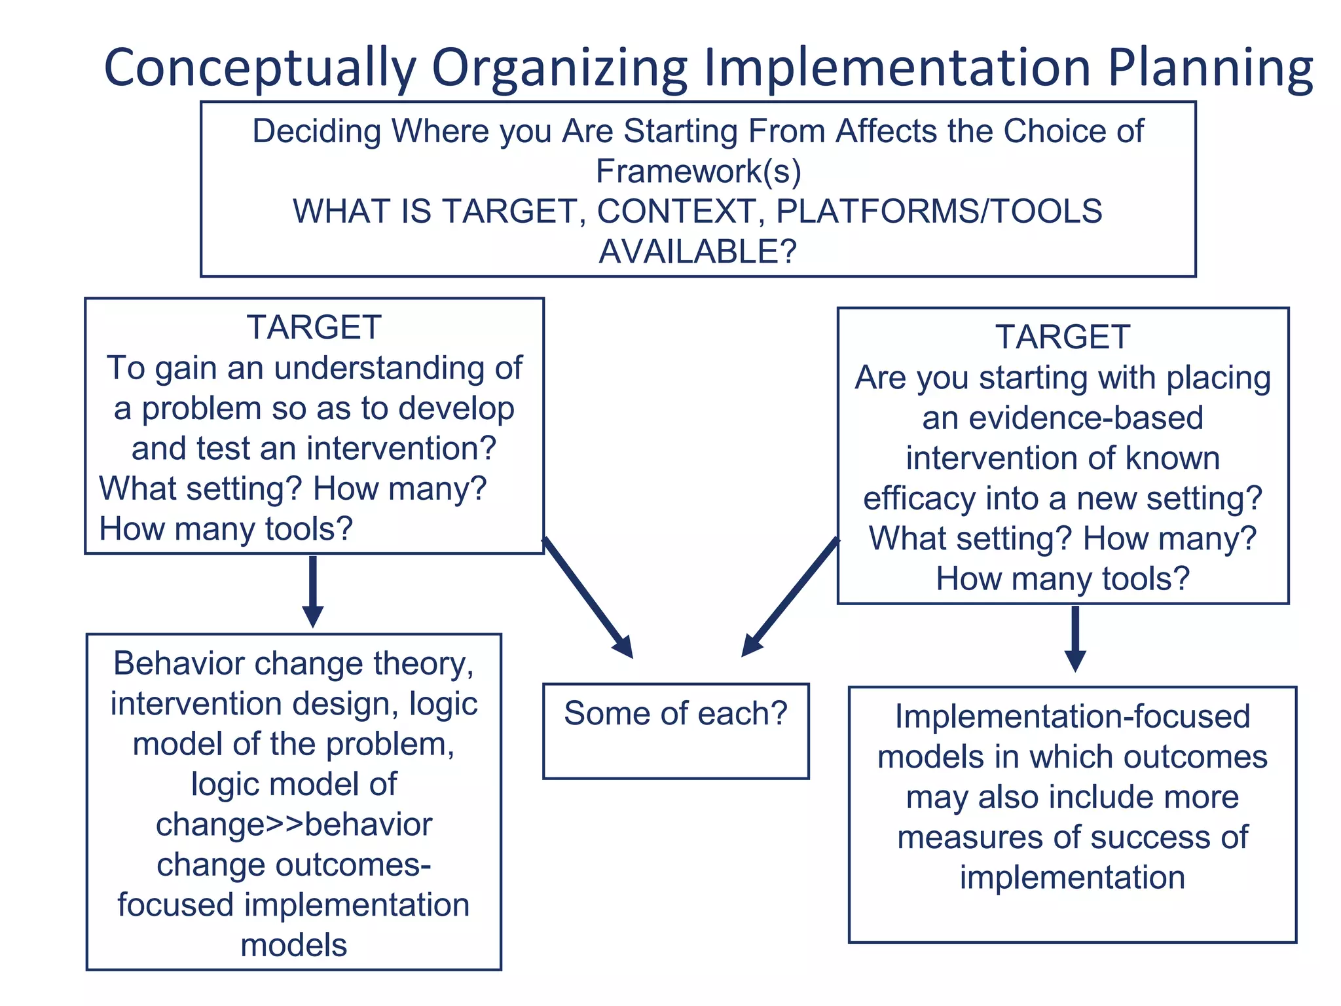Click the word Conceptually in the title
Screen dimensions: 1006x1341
pyautogui.click(x=260, y=69)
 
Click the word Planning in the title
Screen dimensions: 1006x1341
pyautogui.click(x=1209, y=69)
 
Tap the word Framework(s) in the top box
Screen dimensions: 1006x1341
pyautogui.click(x=698, y=172)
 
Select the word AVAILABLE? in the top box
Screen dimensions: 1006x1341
pyautogui.click(x=698, y=251)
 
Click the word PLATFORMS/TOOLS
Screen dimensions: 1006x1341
pyautogui.click(x=939, y=212)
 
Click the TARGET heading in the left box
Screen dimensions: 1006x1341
pyautogui.click(x=314, y=327)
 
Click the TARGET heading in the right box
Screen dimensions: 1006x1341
pyautogui.click(x=1063, y=337)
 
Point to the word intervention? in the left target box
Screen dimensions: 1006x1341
pyautogui.click(x=401, y=449)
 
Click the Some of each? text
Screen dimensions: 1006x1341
pyautogui.click(x=675, y=713)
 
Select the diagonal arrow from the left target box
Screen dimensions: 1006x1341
pyautogui.click(x=587, y=597)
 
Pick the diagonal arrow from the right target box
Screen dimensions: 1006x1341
pyautogui.click(x=790, y=597)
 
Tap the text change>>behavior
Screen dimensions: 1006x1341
pyautogui.click(x=294, y=825)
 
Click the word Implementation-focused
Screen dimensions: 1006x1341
pyautogui.click(x=1073, y=717)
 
